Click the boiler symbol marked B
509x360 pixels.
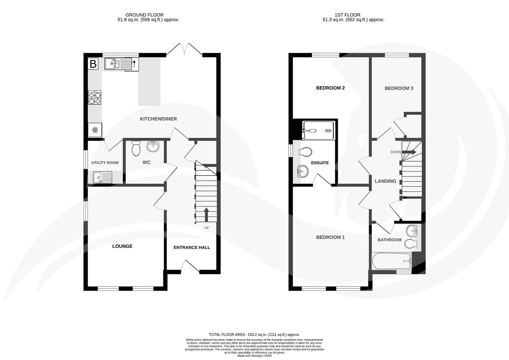93,64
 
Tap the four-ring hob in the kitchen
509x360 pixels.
95,98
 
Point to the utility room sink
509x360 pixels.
103,177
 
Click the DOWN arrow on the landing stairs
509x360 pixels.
410,152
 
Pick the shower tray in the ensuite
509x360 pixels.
318,130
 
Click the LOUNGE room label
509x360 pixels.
122,246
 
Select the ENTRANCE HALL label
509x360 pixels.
192,248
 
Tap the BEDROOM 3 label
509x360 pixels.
399,88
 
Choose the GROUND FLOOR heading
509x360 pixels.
144,15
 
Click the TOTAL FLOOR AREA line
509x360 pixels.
254,335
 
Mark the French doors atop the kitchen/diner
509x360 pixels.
184,49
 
